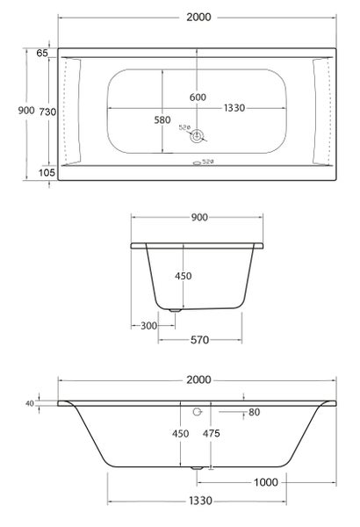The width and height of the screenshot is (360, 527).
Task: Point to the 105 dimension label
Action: tap(47, 172)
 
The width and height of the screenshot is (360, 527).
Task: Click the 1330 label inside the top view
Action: tap(234, 107)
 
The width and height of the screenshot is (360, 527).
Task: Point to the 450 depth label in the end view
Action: tap(182, 276)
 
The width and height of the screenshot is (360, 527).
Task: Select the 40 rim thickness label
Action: tap(30, 403)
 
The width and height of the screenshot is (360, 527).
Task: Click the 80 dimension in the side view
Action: tap(254, 412)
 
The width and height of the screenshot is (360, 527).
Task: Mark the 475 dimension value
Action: tap(212, 434)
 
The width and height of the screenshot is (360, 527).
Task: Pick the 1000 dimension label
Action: tap(265, 481)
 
